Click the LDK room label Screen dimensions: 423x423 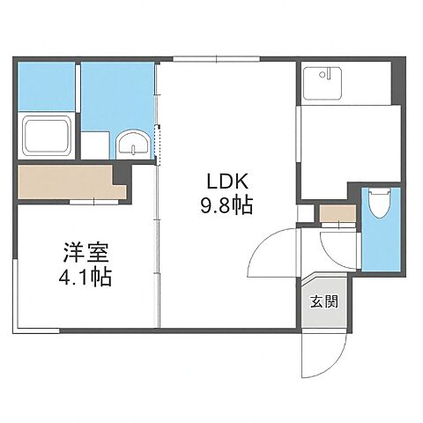[x=230, y=182]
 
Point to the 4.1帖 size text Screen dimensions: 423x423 [x=85, y=277]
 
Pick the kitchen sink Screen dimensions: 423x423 [x=318, y=83]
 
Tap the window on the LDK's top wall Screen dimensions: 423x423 [x=216, y=60]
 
